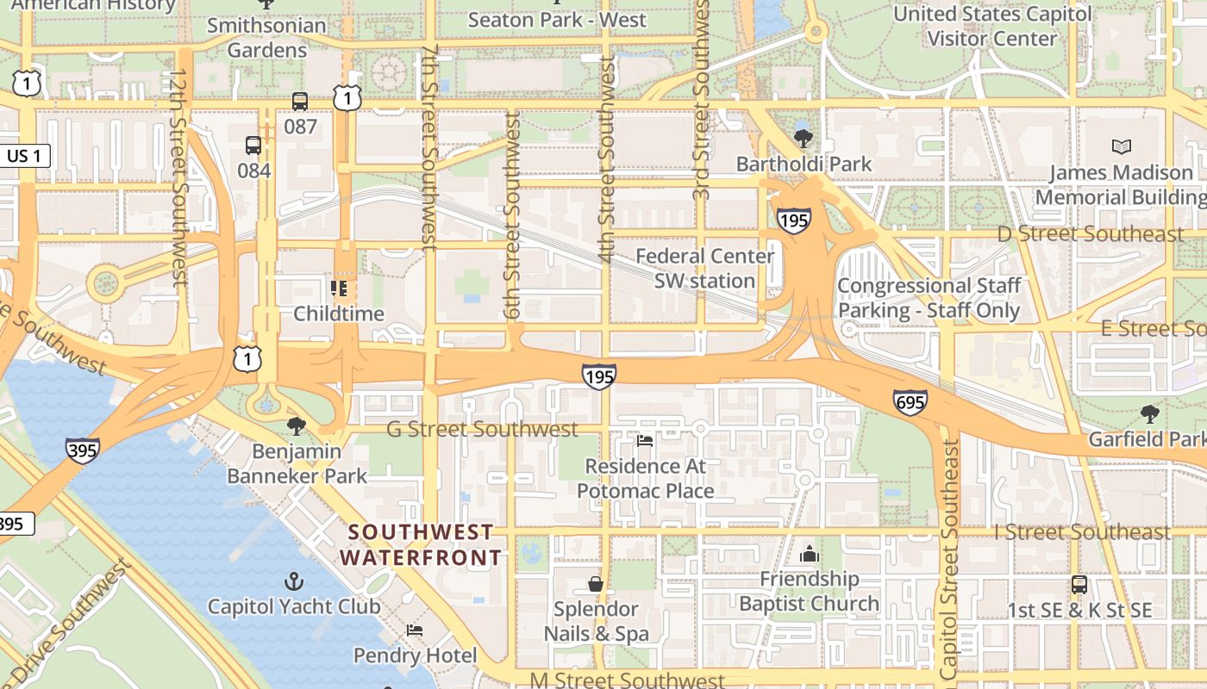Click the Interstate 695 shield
pos(910,401)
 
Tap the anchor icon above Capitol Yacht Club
pos(294,581)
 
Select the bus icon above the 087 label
pos(299,102)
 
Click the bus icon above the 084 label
pos(253,146)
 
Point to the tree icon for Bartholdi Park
pos(804,138)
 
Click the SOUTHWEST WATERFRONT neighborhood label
pos(421,545)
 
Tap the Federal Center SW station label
pos(704,269)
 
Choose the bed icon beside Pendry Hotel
pos(415,630)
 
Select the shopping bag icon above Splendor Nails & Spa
pos(595,584)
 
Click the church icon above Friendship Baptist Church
pos(809,554)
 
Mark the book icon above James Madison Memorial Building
pos(1121,147)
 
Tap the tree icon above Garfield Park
pos(1149,414)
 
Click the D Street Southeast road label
pos(1090,234)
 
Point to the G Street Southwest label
pos(482,429)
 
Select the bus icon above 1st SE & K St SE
pos(1079,585)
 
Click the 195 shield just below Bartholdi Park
pos(792,220)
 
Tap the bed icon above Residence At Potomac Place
pos(644,442)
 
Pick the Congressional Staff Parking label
pos(929,298)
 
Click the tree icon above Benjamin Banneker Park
pos(297,425)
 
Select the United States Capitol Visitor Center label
pos(992,26)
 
